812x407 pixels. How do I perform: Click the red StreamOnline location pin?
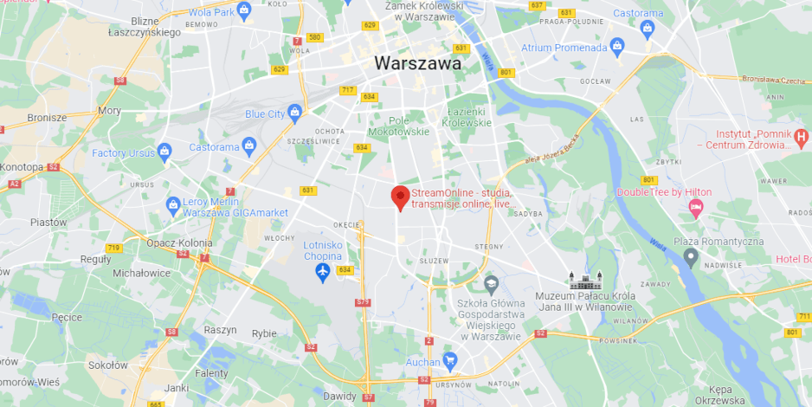[x=400, y=197]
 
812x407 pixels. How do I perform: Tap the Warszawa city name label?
[x=417, y=63]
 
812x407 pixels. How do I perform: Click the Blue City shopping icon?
[x=295, y=113]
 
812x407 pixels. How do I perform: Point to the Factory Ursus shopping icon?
[x=164, y=152]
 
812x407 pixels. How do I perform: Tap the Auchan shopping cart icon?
[x=449, y=359]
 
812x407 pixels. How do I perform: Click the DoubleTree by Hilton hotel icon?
[x=695, y=208]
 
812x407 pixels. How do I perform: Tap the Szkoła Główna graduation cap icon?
[x=491, y=283]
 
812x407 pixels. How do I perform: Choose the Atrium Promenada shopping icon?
[x=616, y=46]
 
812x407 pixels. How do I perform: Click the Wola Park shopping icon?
[x=244, y=12]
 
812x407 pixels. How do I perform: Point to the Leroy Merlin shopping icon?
[x=173, y=205]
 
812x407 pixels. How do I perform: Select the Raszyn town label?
[x=220, y=330]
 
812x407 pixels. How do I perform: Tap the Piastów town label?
[x=48, y=223]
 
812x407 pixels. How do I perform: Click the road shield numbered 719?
[x=113, y=249]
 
